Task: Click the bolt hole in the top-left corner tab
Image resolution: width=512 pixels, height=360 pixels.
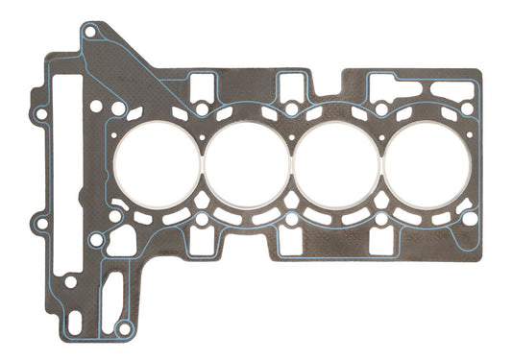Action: tap(89, 32)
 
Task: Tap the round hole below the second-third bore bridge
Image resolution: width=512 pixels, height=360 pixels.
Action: tap(291, 220)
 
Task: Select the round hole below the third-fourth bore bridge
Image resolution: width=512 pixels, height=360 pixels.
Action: tap(381, 220)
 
